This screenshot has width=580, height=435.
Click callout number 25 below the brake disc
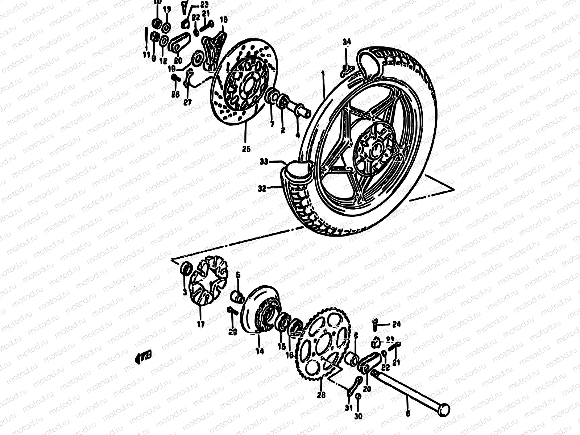click(246, 149)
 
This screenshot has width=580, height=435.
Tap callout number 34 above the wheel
click(347, 42)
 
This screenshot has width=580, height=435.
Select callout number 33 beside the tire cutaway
click(264, 162)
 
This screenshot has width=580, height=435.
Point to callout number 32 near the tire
click(262, 188)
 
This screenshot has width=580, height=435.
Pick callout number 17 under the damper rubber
click(201, 324)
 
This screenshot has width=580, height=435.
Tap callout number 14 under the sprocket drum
click(260, 351)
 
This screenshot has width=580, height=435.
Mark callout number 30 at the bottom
click(358, 417)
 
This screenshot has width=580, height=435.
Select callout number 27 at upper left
click(187, 102)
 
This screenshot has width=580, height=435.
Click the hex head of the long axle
click(444, 411)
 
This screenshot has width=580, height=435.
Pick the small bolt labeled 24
click(376, 323)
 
